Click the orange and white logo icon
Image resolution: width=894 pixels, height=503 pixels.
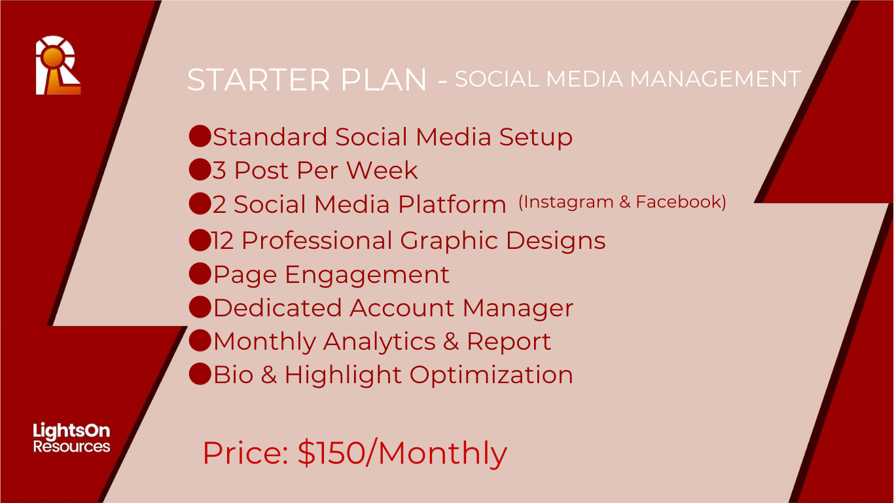point(58,65)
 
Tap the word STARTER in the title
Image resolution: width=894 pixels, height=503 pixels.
point(259,79)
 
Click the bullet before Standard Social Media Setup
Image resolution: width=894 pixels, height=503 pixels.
point(200,136)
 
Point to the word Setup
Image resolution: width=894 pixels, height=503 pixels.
point(535,138)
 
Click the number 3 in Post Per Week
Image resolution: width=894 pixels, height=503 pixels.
point(219,170)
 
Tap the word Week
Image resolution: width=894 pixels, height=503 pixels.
point(382,170)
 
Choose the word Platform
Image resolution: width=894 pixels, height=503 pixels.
point(452,204)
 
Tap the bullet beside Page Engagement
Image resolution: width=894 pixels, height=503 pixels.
point(200,274)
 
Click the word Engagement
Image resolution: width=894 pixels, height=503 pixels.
point(367,276)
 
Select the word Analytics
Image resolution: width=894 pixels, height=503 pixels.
point(379,343)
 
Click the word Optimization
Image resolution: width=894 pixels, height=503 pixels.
point(492,375)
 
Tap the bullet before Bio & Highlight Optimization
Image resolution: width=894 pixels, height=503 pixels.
point(200,374)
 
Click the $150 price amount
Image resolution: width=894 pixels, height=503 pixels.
point(332,453)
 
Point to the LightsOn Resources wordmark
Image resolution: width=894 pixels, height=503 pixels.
point(71,438)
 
